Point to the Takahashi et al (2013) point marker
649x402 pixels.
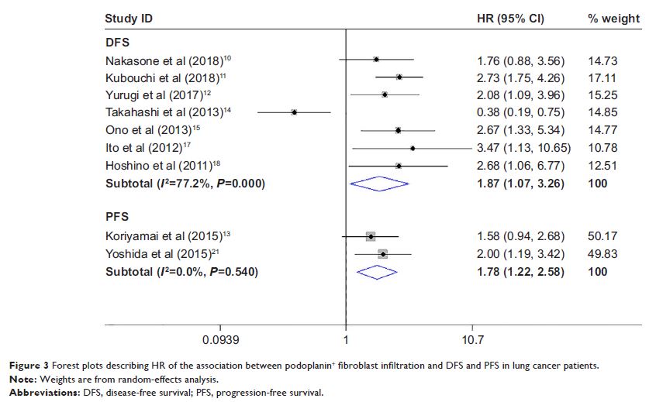pos(294,112)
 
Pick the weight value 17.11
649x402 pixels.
pos(602,77)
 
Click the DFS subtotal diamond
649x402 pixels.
pos(379,184)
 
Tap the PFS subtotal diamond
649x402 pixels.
pos(375,272)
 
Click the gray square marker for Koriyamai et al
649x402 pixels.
pos(371,236)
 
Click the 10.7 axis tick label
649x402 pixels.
pos(473,339)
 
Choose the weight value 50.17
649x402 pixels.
pos(602,236)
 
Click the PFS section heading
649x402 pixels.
pos(117,216)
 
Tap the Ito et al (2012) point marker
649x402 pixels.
pos(413,148)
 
